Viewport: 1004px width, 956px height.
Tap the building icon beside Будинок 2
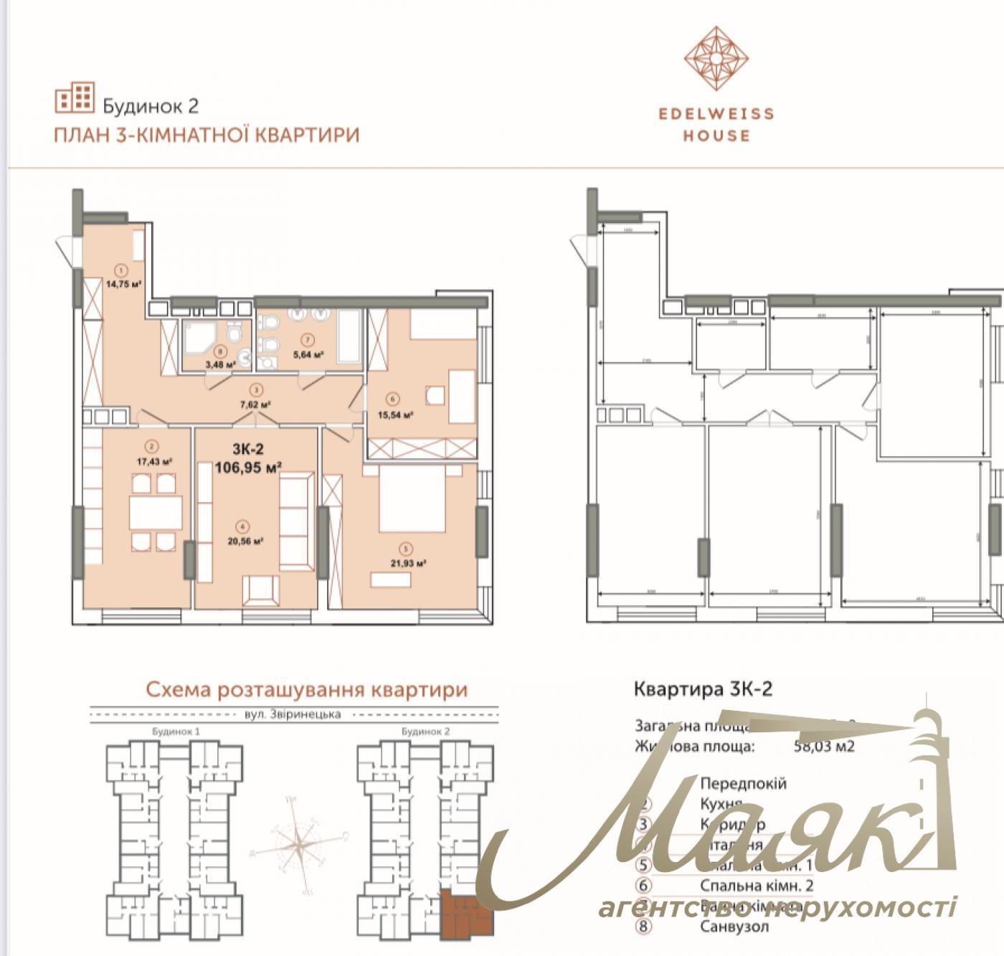[x=75, y=100]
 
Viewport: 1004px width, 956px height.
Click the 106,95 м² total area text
[x=247, y=468]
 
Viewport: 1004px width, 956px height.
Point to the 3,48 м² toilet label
[x=221, y=364]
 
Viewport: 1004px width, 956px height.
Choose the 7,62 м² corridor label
[x=256, y=404]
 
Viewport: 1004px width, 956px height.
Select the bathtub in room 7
[x=353, y=336]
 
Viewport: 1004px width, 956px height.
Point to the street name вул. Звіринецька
[x=293, y=714]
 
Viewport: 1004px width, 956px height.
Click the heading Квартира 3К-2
[x=703, y=689]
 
